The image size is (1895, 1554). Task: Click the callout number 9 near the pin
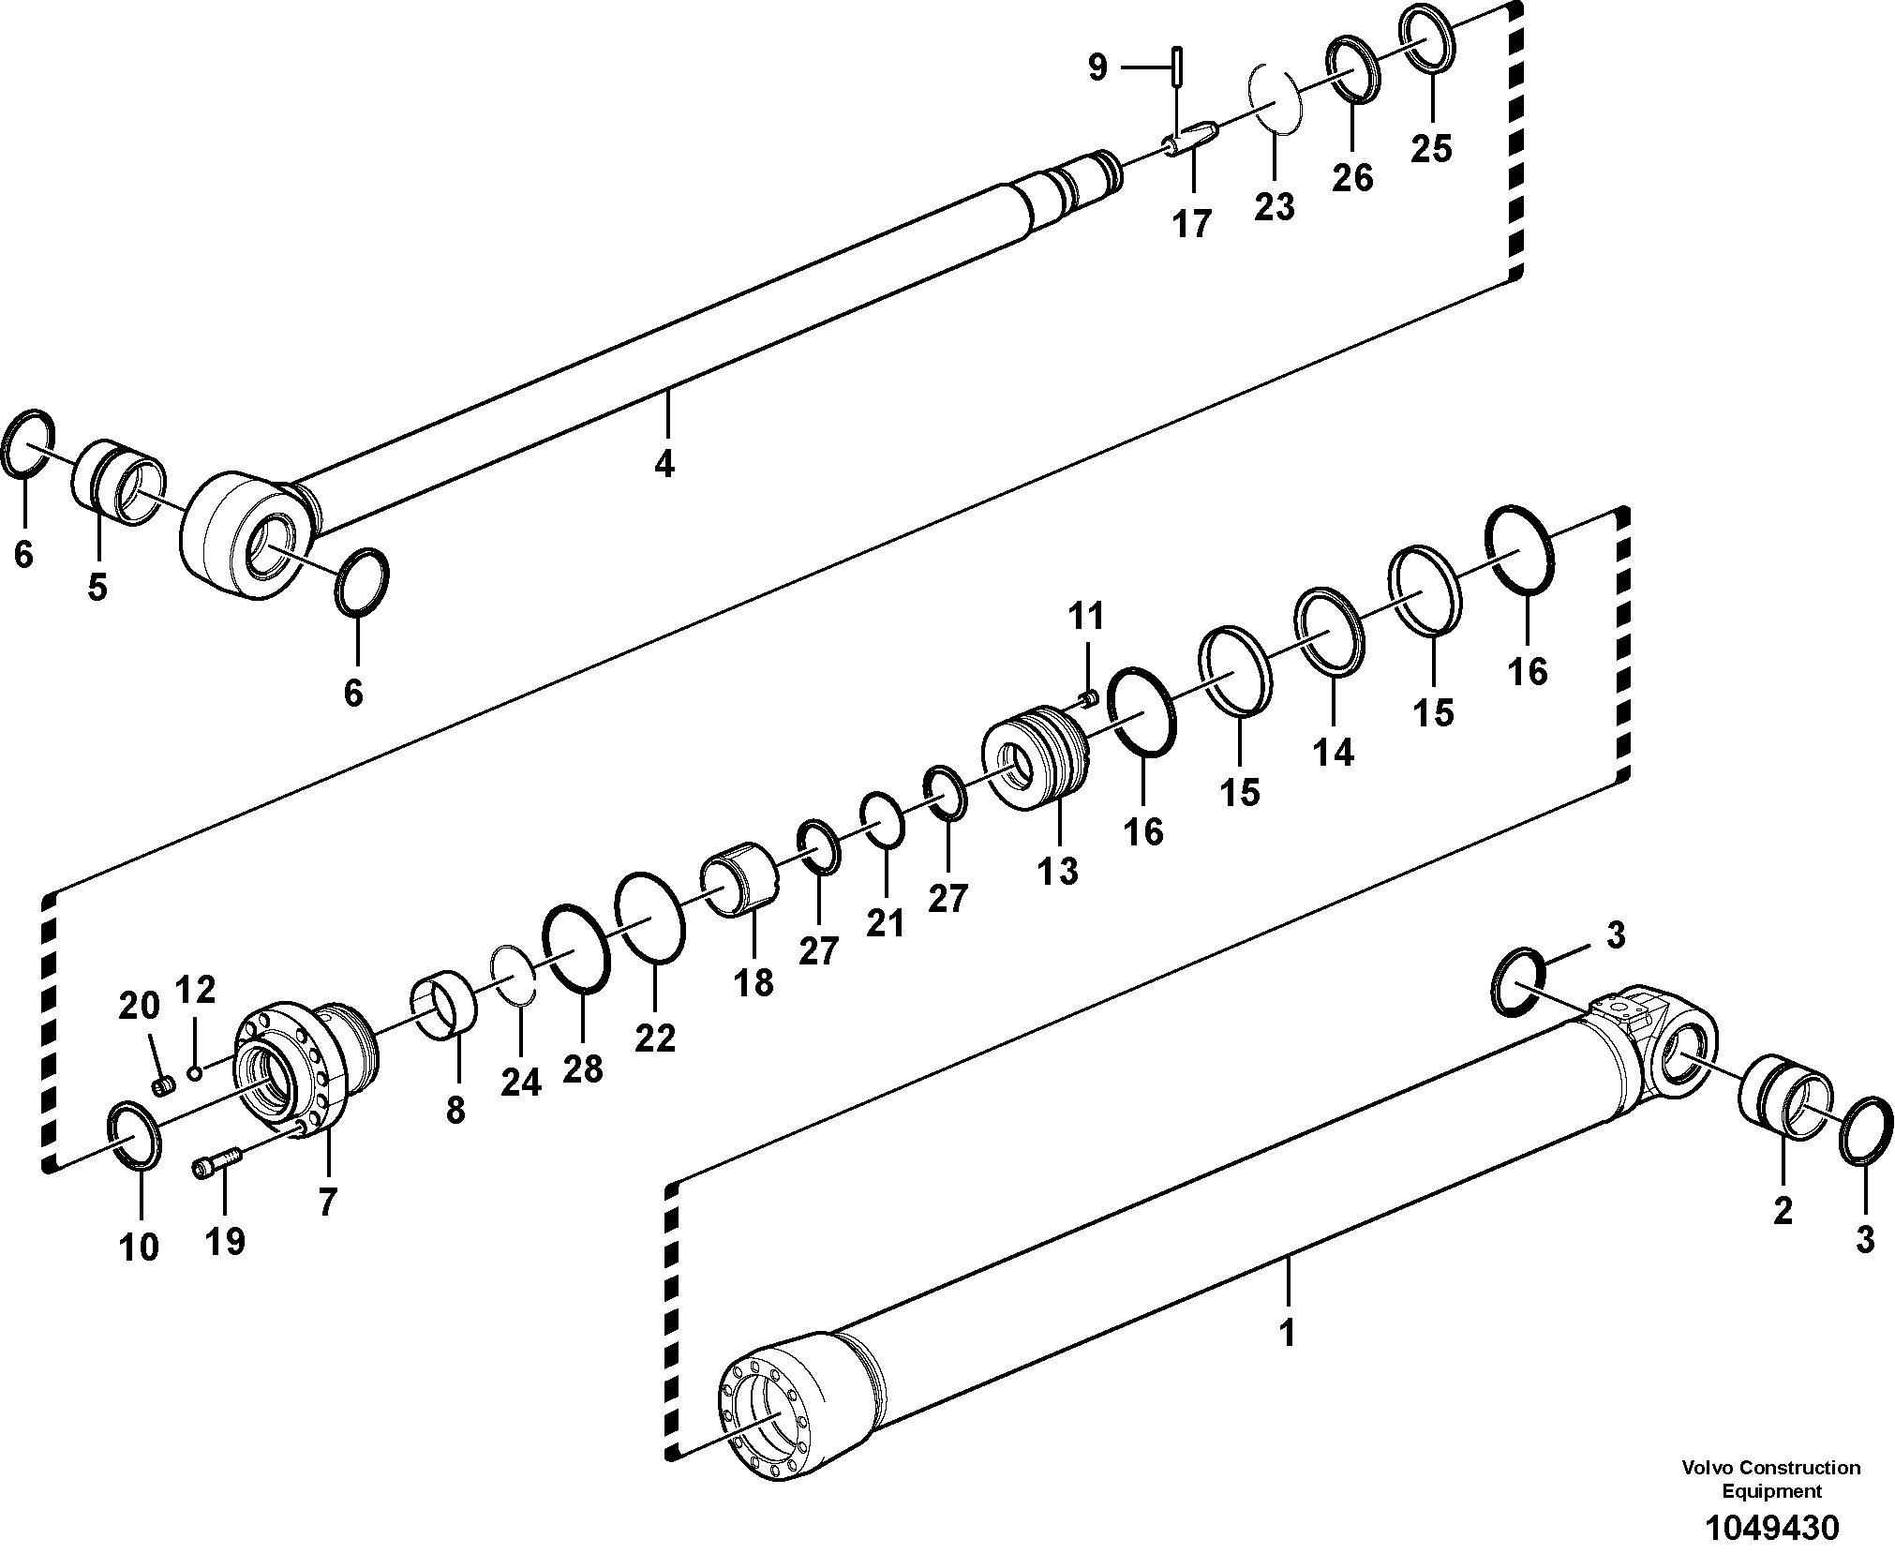(1097, 67)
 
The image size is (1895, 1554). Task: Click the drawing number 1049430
(1772, 1528)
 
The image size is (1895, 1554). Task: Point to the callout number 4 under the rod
(664, 463)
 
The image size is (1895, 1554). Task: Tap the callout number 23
(1275, 206)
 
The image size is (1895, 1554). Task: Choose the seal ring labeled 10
(136, 1136)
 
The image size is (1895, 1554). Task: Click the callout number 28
(582, 1068)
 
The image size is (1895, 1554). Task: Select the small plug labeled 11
(1090, 696)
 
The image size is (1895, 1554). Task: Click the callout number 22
(654, 1038)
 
